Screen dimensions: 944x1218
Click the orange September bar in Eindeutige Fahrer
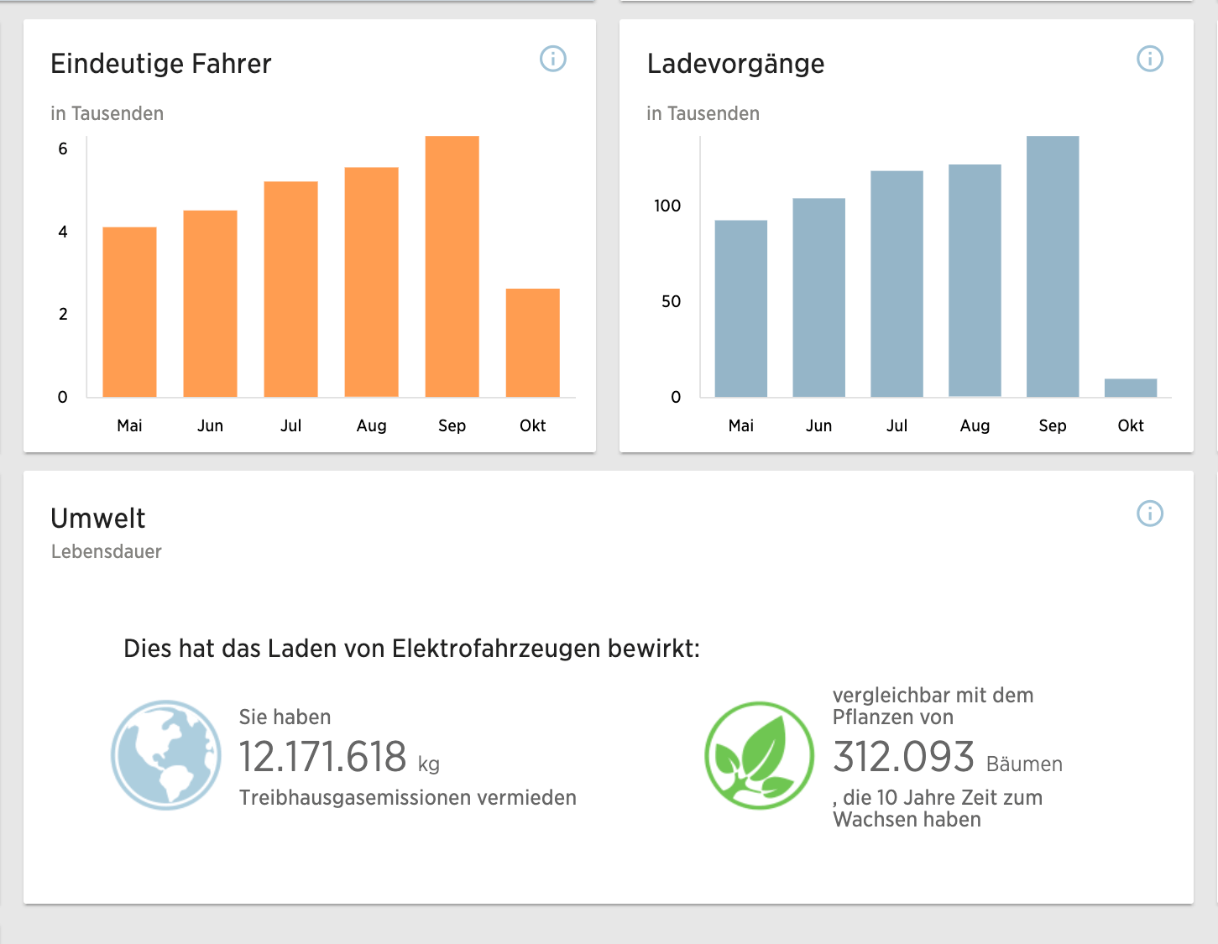click(x=452, y=267)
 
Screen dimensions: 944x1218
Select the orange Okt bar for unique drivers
click(x=532, y=342)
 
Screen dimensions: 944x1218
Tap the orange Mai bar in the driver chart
click(x=129, y=312)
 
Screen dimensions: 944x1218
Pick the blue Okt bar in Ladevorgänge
click(x=1130, y=388)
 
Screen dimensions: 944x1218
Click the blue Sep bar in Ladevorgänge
click(x=1052, y=267)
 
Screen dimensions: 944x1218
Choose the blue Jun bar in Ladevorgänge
click(x=818, y=298)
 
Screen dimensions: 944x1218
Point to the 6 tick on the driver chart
click(x=63, y=149)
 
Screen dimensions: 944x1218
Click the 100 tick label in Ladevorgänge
click(x=667, y=206)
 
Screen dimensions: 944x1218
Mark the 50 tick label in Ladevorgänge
click(x=671, y=301)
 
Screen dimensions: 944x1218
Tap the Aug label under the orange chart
click(x=371, y=425)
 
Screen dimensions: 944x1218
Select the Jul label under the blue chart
click(x=897, y=425)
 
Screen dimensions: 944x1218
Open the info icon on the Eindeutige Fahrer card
click(x=553, y=59)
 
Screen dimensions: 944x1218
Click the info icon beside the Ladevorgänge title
click(x=1149, y=59)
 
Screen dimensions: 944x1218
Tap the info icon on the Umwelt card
click(x=1149, y=514)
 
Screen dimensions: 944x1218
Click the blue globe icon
click(x=166, y=755)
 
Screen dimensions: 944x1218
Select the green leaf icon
click(x=759, y=755)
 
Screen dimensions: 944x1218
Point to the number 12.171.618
click(x=322, y=757)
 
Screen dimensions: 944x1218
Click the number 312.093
click(x=903, y=757)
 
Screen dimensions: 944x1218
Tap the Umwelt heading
click(x=98, y=519)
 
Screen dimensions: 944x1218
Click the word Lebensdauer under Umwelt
click(x=107, y=551)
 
